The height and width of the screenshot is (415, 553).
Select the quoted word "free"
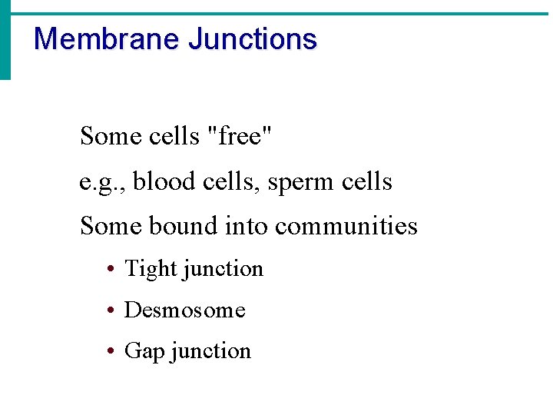coord(240,136)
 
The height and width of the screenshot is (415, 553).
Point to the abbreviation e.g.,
coord(103,182)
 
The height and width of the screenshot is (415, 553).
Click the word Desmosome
coord(184,310)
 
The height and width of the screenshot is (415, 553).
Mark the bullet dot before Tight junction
coord(111,270)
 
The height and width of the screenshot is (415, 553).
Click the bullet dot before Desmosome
coord(111,310)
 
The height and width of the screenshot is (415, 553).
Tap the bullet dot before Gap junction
coord(111,351)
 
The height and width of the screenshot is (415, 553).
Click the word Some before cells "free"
coord(107,136)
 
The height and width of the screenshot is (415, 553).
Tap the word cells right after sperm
coord(366,181)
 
